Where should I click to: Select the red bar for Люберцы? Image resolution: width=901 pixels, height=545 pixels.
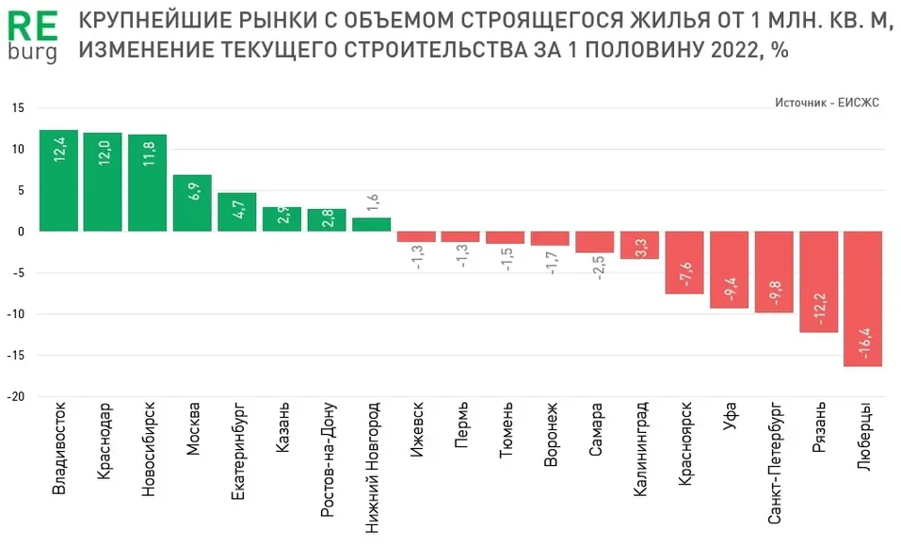click(862, 298)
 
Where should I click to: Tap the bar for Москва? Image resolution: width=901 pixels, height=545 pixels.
click(192, 203)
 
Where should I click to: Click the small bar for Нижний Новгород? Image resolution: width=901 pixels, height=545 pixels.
click(371, 225)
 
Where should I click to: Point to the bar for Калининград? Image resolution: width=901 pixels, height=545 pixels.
click(639, 245)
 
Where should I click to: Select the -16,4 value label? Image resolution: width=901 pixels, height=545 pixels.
click(863, 340)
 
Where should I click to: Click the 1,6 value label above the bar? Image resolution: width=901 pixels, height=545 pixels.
click(371, 202)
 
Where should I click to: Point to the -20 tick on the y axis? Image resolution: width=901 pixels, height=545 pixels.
click(17, 397)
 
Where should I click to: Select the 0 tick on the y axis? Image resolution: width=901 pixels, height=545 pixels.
click(22, 232)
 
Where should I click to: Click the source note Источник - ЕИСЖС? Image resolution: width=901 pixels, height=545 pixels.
click(827, 103)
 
